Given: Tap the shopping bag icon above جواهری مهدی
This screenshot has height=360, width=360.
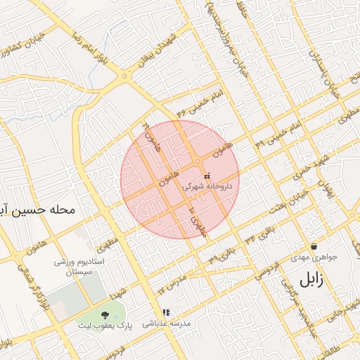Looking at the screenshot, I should click(314, 246).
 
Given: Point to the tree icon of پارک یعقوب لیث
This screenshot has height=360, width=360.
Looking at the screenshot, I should click(105, 314).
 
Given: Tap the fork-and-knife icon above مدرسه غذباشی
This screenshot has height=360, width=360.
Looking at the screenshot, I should click(166, 312).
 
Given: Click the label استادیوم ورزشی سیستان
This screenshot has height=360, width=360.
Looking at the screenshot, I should click(79, 266).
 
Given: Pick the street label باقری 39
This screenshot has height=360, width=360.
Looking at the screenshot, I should click(214, 257).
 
